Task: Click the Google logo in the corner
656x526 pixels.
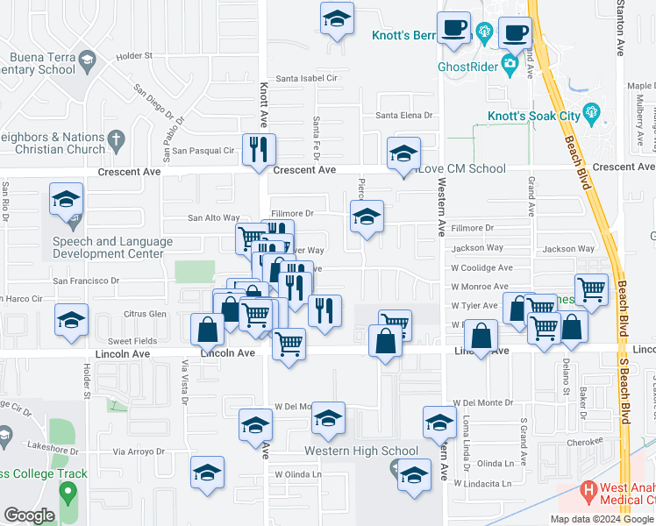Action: point(30,515)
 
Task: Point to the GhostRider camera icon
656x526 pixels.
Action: point(510,64)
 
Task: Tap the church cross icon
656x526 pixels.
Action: point(116,139)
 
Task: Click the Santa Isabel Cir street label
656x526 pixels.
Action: point(307,78)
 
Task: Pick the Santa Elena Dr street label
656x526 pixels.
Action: point(404,115)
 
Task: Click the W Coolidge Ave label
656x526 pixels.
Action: point(481,267)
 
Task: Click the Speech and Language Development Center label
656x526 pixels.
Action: point(108,247)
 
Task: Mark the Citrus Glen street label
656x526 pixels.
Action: point(145,313)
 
